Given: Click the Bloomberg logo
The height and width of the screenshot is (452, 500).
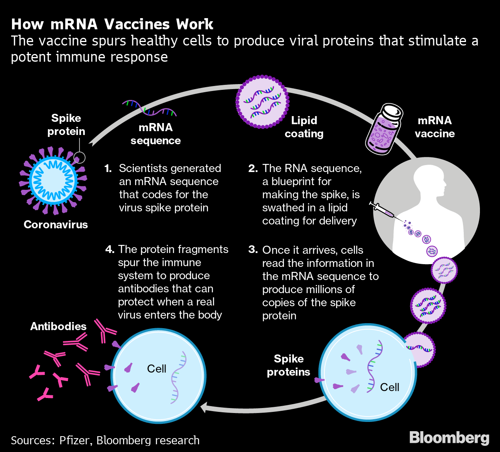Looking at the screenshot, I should [x=449, y=438].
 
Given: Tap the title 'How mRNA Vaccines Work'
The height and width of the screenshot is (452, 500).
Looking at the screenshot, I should [x=112, y=24].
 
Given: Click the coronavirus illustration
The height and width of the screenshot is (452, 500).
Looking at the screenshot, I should [x=53, y=180].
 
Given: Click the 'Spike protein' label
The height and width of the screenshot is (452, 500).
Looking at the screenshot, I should [x=66, y=125].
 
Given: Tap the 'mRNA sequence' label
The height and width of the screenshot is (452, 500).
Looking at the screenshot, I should [x=155, y=134].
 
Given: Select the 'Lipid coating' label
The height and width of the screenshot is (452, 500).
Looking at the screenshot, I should [x=304, y=127].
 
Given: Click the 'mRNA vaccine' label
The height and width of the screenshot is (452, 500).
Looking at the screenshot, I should [x=434, y=127].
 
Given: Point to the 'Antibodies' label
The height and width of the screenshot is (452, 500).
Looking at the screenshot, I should [x=58, y=326].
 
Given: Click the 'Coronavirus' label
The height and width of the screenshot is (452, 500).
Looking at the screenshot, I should [x=56, y=224].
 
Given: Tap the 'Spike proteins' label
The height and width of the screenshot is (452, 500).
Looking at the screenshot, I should [x=289, y=365].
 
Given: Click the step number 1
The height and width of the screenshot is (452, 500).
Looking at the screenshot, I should [x=108, y=169].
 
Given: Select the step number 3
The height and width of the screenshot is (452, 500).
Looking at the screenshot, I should [x=253, y=250].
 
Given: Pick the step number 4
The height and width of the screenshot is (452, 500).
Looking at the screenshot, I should [x=110, y=250].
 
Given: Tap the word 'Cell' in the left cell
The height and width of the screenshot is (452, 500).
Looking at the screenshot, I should [x=157, y=369].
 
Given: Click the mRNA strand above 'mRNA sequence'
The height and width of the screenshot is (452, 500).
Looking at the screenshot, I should [x=150, y=108].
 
